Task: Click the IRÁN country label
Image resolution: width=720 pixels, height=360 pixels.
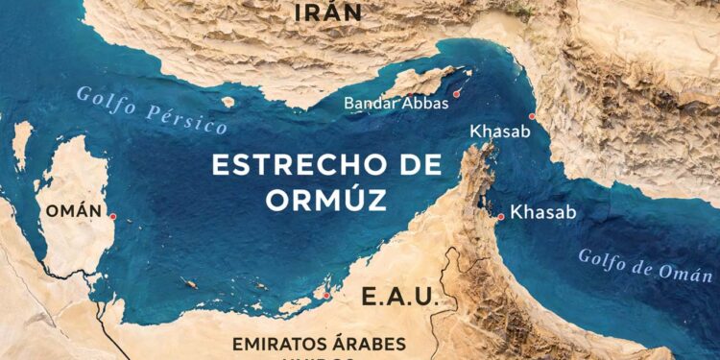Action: [328, 12]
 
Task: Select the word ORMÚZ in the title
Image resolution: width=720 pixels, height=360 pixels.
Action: [327, 202]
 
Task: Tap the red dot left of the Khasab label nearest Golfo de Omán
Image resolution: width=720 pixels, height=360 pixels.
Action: [501, 217]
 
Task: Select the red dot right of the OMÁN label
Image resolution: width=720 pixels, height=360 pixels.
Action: [113, 217]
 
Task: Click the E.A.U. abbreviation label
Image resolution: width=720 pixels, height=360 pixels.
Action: [399, 297]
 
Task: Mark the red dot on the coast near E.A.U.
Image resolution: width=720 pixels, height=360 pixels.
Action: [326, 296]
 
